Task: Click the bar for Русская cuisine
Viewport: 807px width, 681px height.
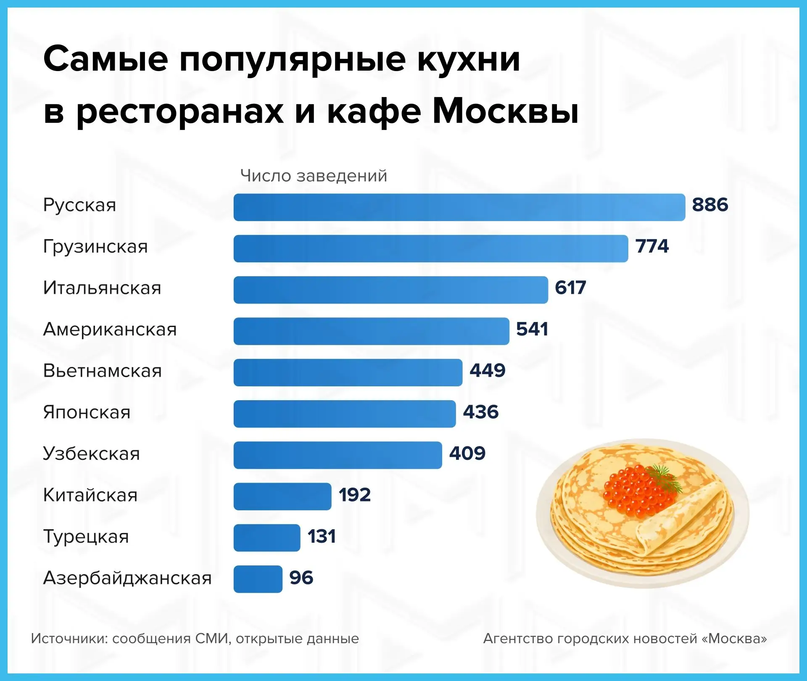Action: [x=459, y=207]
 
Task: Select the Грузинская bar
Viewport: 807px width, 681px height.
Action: [x=430, y=248]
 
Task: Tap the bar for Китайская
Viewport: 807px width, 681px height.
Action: [x=282, y=496]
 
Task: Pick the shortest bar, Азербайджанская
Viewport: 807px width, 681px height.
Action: [x=258, y=579]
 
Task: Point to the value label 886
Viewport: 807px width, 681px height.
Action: [x=710, y=205]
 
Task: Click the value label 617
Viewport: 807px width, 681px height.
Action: [x=570, y=288]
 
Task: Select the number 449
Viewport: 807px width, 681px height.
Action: [x=488, y=371]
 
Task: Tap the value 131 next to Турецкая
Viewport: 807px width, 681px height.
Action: [x=322, y=537]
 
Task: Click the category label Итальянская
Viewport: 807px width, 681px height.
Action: [x=102, y=288]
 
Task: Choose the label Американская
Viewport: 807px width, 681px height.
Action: [x=110, y=330]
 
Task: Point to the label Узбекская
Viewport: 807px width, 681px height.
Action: [x=91, y=454]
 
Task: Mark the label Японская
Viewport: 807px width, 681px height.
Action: [x=87, y=412]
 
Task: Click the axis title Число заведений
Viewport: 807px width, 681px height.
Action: [x=314, y=176]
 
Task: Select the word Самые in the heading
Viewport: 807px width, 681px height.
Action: [x=105, y=59]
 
